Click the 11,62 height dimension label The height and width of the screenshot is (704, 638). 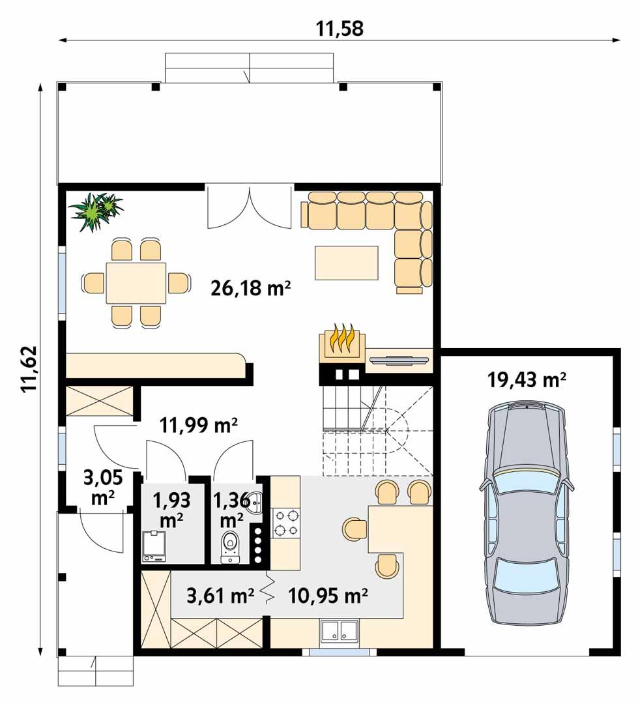pyautogui.click(x=29, y=368)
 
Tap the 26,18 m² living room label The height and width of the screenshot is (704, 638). pyautogui.click(x=250, y=288)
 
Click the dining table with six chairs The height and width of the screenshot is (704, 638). pyautogui.click(x=136, y=283)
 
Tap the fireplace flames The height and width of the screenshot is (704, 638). pyautogui.click(x=341, y=339)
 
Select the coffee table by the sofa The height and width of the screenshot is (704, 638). pyautogui.click(x=346, y=263)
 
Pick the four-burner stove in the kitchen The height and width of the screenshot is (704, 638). pyautogui.click(x=286, y=522)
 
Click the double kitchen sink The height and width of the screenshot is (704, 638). pyautogui.click(x=338, y=630)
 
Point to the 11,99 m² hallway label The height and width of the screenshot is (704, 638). pyautogui.click(x=198, y=426)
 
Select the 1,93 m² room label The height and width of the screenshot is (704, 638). pyautogui.click(x=171, y=509)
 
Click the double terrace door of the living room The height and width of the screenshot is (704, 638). pyautogui.click(x=248, y=207)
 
